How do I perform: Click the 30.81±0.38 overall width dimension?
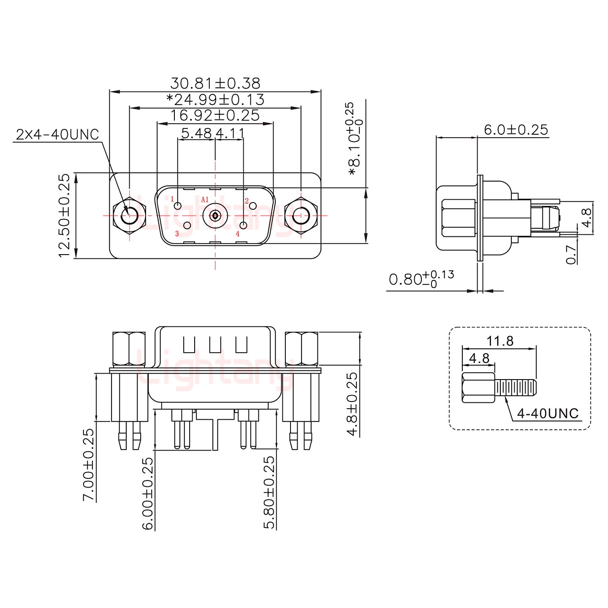click(215, 83)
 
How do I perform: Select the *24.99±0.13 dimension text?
click(215, 100)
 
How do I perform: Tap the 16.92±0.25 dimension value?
click(215, 115)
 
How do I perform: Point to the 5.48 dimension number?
click(196, 133)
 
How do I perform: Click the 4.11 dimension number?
click(230, 133)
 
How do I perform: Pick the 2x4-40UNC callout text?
click(57, 135)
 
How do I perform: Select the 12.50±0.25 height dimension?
click(64, 215)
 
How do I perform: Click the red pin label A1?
click(205, 199)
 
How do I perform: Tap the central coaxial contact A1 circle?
click(215, 216)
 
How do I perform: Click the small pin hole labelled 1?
click(178, 206)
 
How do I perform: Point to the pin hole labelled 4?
click(244, 225)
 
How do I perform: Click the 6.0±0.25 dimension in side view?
click(516, 130)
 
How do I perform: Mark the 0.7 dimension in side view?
click(571, 255)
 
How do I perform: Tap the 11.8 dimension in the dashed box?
click(500, 341)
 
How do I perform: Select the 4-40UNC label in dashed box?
click(548, 413)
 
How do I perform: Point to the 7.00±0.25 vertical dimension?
click(88, 464)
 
